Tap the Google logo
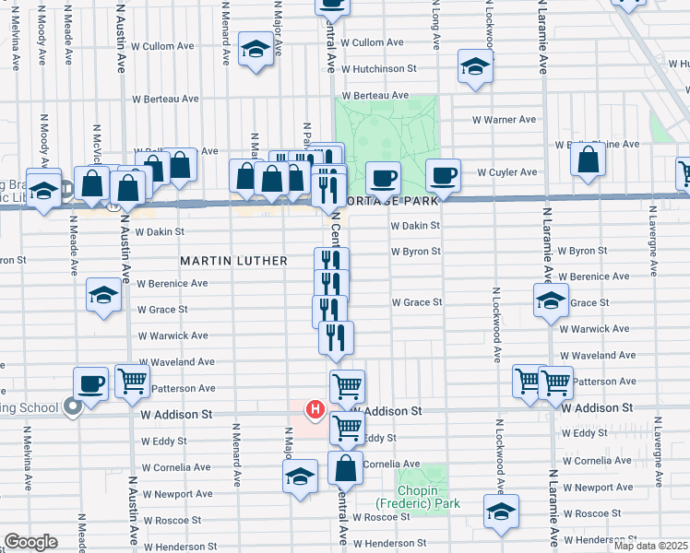pos(30,542)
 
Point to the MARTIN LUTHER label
pos(233,261)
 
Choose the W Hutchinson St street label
pos(378,68)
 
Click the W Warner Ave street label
pos(504,120)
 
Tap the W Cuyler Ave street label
pos(506,172)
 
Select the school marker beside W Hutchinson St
pos(475,67)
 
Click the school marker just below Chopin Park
pos(501,512)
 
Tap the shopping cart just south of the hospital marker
pos(347,426)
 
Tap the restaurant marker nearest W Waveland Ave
pos(337,338)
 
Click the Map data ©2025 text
pos(649,546)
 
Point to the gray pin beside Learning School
pos(72,406)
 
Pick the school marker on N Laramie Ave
pos(551,300)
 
